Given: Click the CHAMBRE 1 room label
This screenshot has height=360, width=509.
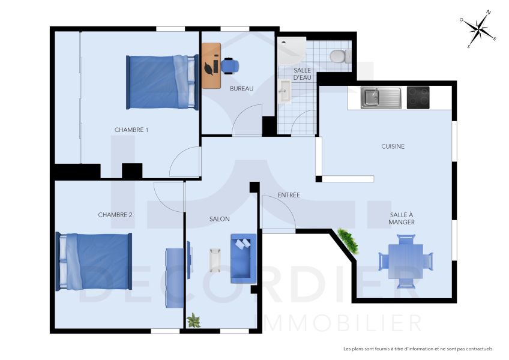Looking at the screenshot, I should click(x=131, y=130).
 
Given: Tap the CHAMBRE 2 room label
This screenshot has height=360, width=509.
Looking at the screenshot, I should click(x=115, y=215).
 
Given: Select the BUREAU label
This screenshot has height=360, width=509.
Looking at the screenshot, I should click(x=241, y=89).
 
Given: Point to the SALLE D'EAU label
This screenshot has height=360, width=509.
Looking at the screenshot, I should click(x=301, y=74).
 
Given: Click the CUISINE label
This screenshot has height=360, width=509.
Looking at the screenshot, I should click(x=393, y=146).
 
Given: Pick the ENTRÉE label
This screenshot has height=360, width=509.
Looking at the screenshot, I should click(x=288, y=195).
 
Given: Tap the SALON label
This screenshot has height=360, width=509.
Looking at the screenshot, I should click(x=219, y=219).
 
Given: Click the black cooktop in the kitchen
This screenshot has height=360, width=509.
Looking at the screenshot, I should click(x=418, y=97).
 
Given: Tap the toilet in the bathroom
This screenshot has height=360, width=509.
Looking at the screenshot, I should click(x=340, y=56).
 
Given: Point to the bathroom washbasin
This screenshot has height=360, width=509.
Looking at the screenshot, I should click(x=285, y=92).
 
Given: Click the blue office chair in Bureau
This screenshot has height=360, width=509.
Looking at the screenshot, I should click(x=230, y=65).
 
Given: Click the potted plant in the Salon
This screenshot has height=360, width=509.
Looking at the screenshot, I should click(x=193, y=321).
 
